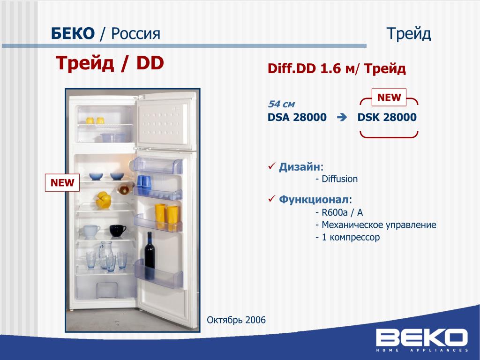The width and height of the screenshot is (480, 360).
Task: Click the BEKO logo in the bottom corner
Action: pos(422,340)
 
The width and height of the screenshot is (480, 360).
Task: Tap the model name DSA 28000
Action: pos(297,117)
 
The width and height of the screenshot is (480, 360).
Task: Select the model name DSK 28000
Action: pos(387,117)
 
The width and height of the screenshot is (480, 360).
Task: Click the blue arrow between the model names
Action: pos(342,117)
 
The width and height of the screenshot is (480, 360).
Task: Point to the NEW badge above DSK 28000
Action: pos(389,97)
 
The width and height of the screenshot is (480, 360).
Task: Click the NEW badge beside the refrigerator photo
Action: pos(62,183)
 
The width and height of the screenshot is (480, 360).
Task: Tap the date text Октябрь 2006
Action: pos(236,320)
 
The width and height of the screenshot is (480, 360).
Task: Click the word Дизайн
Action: pos(299,167)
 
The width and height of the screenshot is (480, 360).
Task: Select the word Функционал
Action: pos(314,200)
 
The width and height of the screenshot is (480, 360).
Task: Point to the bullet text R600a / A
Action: pos(339,212)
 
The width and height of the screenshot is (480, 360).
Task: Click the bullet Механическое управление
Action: pos(376,225)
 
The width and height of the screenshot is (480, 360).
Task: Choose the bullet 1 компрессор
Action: pos(348,237)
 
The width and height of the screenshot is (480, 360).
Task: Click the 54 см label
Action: pos(281,104)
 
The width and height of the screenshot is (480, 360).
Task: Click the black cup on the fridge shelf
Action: pos(118,230)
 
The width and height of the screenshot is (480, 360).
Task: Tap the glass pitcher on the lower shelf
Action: pos(105,255)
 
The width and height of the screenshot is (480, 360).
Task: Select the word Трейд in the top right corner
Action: pos(409,34)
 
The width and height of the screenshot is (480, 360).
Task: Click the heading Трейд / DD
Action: pos(110,63)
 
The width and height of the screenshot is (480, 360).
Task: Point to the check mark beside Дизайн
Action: pos(272,166)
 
